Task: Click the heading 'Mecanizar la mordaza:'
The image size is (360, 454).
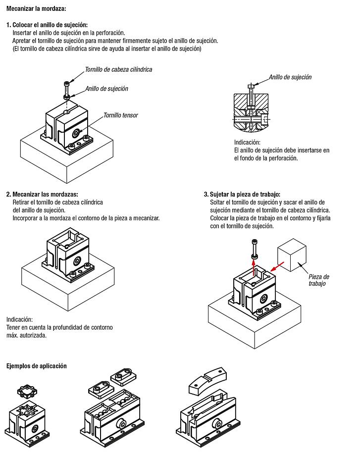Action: (x=36, y=9)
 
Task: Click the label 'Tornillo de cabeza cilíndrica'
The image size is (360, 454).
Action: (x=118, y=69)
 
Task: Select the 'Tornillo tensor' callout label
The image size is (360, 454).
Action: (x=121, y=115)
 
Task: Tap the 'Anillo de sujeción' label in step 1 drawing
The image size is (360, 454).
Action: (x=106, y=89)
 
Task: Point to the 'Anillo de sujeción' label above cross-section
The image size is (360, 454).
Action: (x=290, y=77)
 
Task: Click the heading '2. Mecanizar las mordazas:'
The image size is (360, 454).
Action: (x=42, y=195)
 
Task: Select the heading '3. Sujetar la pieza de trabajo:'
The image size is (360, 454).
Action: (x=245, y=195)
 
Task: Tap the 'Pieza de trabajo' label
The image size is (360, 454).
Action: (x=318, y=280)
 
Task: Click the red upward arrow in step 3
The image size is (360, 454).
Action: (x=254, y=267)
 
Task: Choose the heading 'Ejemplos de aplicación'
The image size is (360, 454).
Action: (x=36, y=366)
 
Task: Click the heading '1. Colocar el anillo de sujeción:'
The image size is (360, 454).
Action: (x=47, y=25)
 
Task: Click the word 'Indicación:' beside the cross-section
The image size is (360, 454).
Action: (x=247, y=142)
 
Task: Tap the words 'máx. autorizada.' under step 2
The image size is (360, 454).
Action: (x=26, y=335)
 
